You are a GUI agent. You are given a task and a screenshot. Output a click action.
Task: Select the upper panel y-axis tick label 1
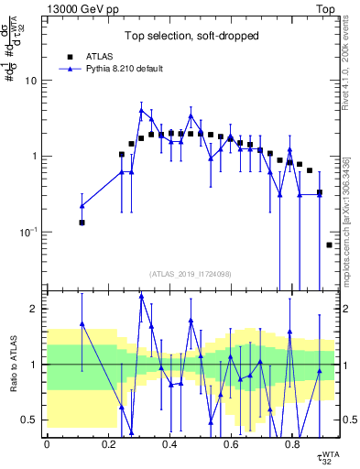pos(36,157)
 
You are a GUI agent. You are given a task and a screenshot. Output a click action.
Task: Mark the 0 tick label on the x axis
pos(47,445)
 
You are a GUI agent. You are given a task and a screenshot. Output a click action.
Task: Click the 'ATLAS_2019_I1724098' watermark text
pos(190,274)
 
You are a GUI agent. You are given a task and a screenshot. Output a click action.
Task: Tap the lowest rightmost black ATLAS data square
pos(329,245)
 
